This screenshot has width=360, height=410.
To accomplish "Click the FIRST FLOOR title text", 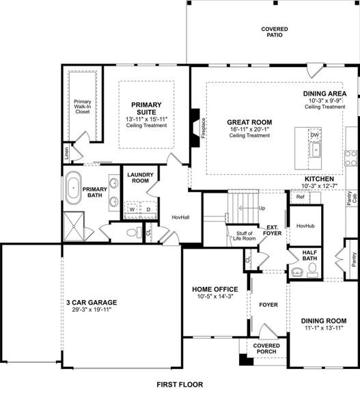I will [x=179, y=385].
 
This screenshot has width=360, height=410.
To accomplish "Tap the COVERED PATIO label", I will [x=274, y=33].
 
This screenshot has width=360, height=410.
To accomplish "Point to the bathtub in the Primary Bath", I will [x=72, y=187].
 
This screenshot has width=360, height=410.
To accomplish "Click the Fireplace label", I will [x=203, y=128].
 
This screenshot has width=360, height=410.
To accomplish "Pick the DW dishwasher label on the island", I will [x=314, y=135].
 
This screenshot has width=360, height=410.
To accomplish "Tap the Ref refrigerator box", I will [x=300, y=197].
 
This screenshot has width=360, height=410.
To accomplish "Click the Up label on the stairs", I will [x=261, y=208].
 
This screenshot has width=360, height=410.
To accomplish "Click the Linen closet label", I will [x=66, y=154].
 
